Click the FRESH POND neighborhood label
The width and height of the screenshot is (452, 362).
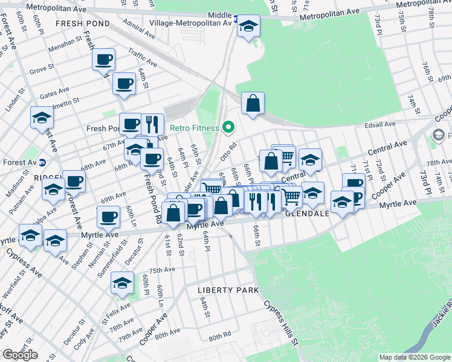82,24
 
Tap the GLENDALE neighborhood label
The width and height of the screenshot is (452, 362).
307,214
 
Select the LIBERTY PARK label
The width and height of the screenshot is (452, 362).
229,290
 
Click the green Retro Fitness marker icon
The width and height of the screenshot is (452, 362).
228,127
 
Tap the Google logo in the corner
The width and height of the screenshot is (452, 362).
21,355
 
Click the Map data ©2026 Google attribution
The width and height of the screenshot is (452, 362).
414,357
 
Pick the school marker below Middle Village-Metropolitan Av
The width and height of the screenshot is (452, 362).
248,26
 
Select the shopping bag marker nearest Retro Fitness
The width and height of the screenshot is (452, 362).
253,103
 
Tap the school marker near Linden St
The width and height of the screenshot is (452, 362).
42,117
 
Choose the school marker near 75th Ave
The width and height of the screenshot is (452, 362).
123,283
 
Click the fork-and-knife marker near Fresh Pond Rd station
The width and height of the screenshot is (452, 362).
152,124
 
